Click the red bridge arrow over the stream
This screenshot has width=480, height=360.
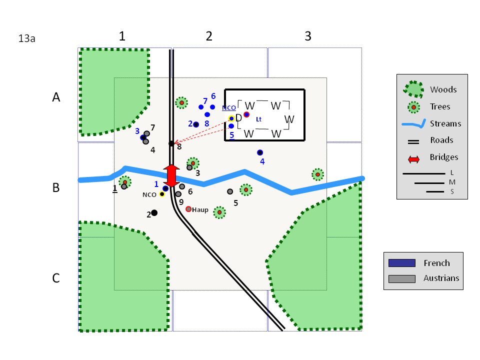171,175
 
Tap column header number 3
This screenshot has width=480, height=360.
308,36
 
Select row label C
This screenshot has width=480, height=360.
56,278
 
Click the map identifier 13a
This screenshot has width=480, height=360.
26,38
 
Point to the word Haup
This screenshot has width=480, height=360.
200,210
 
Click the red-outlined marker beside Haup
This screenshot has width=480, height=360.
188,209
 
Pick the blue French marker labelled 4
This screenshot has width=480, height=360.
260,152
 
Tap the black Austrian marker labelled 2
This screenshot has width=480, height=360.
154,213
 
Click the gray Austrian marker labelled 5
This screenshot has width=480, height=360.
230,191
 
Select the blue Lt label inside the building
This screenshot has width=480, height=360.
258,119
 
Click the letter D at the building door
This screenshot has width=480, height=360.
239,117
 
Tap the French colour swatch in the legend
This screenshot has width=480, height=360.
402,263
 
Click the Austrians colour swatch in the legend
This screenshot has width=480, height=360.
402,278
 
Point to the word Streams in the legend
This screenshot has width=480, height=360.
445,123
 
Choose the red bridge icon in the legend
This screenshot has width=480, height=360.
413,159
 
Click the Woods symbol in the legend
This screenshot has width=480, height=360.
414,89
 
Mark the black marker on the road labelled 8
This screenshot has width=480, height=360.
171,143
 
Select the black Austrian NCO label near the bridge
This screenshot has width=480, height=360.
149,195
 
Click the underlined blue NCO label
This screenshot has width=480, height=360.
228,108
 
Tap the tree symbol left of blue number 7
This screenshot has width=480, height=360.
181,103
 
